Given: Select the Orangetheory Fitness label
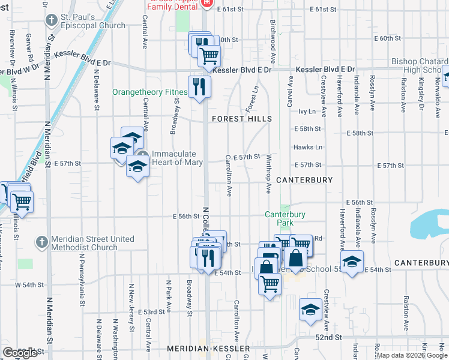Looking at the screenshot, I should click(x=150, y=92).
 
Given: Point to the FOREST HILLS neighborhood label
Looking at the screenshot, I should click(x=237, y=119).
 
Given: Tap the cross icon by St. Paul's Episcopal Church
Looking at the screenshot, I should click(x=52, y=20).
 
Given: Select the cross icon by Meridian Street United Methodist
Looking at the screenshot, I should click(x=41, y=242).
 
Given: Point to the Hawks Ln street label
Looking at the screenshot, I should click(x=308, y=147).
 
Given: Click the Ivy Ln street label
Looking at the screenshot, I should click(x=307, y=112).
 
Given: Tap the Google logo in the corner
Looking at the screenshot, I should click(x=20, y=352).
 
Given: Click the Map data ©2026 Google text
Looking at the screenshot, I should click(x=411, y=355).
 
